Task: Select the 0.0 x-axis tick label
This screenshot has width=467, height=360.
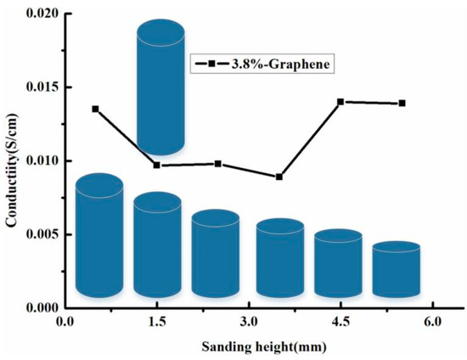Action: [x=65, y=323]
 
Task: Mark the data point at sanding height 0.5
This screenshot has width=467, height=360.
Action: [x=95, y=109]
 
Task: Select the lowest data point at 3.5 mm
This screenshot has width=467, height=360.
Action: [x=279, y=177]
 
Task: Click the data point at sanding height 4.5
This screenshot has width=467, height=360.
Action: [x=340, y=102]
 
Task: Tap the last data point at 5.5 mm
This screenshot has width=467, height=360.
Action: [x=402, y=104]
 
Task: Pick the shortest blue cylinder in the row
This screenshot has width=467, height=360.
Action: [x=397, y=271]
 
